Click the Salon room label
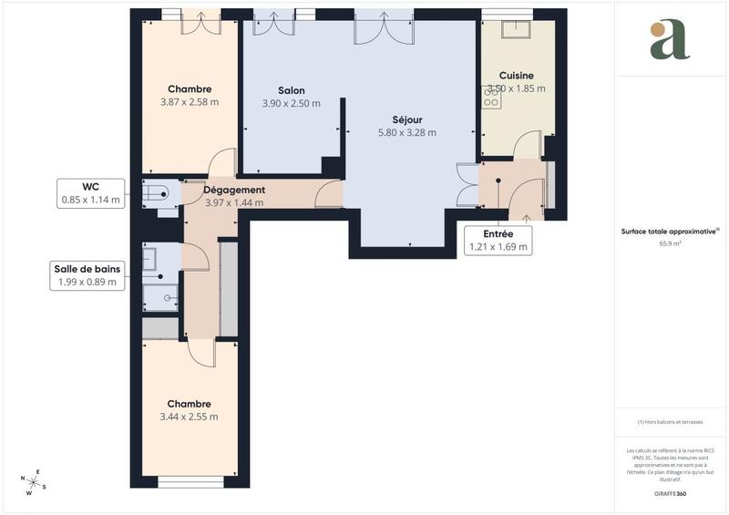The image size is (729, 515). (291, 90)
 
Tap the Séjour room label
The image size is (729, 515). (406, 119)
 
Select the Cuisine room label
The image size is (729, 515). (516, 76)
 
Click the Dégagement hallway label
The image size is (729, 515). (234, 190)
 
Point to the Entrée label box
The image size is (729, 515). (498, 240)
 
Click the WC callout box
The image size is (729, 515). (90, 192)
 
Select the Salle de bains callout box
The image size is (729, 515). (87, 275)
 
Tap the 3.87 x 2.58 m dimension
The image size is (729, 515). (189, 102)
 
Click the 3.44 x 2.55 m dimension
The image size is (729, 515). (189, 417)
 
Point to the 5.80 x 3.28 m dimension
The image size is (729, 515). (406, 132)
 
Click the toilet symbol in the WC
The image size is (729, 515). (157, 192)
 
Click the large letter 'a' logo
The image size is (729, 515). (670, 38)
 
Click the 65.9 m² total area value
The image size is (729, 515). (670, 243)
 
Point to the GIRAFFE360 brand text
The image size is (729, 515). (670, 492)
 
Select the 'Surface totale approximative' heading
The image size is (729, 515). (670, 232)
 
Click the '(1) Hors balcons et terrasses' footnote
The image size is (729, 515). (670, 422)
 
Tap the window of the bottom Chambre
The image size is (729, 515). (190, 482)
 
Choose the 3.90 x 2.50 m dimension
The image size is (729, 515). (291, 103)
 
